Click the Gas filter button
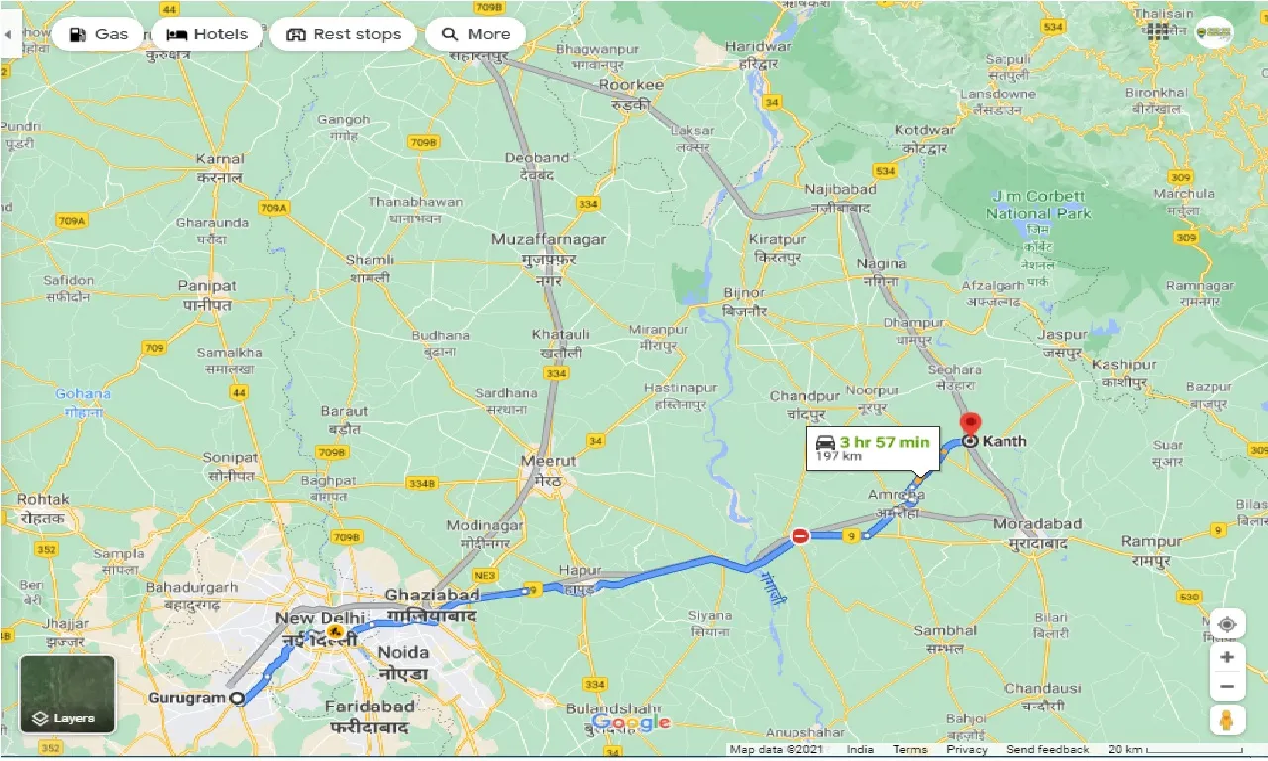(97, 34)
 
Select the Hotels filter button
(207, 34)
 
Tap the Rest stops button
(344, 34)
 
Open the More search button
(475, 34)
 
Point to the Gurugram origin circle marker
(237, 698)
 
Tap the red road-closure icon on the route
(800, 536)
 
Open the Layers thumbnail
(67, 694)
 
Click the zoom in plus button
(1227, 657)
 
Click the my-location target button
(1227, 625)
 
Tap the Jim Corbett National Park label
(1037, 205)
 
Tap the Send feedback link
(1047, 750)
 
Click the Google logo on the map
(631, 723)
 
